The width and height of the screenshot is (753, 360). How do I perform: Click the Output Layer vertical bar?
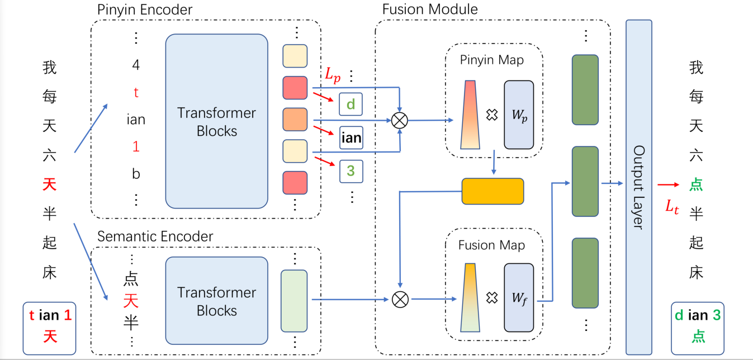[x=639, y=187]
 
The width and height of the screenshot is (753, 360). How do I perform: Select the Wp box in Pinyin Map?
[x=519, y=115]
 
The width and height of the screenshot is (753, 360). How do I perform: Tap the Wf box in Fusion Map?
[x=519, y=297]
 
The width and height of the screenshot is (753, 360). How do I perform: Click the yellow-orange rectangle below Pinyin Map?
[x=492, y=191]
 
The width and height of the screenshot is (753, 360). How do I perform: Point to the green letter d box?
[x=351, y=104]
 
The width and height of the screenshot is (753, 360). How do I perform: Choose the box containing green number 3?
[x=351, y=171]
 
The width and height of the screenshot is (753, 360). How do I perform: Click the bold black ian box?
[x=351, y=138]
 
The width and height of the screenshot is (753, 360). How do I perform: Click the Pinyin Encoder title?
[x=145, y=10]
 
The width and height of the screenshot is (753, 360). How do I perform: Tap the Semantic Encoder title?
[x=155, y=236]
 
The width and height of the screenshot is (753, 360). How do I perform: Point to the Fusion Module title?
[x=430, y=9]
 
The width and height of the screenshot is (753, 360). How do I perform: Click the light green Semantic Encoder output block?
[x=294, y=301]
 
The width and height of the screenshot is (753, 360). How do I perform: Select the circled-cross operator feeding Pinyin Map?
[x=399, y=120]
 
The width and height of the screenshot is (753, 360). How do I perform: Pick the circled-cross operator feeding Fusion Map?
[x=400, y=299]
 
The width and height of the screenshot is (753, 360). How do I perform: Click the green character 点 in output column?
[x=696, y=184]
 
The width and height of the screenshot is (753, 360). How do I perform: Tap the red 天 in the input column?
[x=49, y=184]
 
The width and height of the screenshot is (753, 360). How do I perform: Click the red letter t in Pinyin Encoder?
[x=136, y=92]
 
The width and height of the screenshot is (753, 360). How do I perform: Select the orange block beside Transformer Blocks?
[x=295, y=119]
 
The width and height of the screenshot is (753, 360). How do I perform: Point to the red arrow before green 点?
[x=668, y=184]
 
